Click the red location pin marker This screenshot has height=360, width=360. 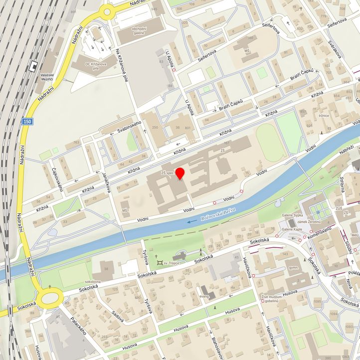180,174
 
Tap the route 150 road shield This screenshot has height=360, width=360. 27,122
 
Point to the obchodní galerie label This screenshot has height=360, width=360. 139,31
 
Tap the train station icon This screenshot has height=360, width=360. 33,65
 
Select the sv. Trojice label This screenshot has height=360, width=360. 174,262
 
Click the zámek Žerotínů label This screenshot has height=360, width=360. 310,221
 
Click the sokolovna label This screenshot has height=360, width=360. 93,281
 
